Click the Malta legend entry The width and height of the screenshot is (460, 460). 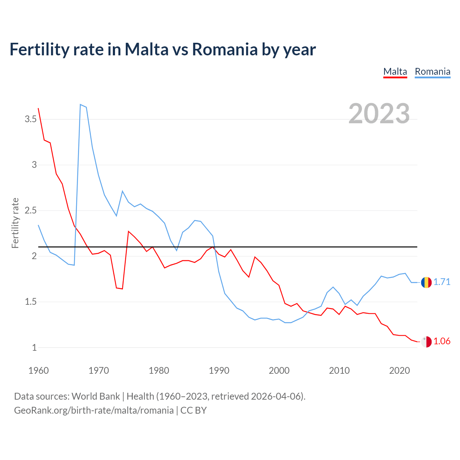point(395,72)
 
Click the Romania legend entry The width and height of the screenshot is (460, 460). point(432,72)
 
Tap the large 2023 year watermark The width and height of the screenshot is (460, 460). point(379,114)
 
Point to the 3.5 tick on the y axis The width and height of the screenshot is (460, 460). point(31,119)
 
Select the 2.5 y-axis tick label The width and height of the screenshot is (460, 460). point(31,211)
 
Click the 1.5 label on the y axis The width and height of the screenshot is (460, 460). point(31,302)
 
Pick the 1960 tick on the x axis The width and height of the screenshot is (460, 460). point(38,371)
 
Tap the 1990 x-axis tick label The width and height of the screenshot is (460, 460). point(219,371)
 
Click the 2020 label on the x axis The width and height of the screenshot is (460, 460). point(399,371)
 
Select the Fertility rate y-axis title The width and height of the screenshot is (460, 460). point(15,223)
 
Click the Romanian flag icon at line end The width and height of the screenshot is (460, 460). point(426,282)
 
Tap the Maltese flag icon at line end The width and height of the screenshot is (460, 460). point(426,342)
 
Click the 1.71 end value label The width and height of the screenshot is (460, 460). point(442,282)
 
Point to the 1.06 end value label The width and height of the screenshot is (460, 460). point(442,341)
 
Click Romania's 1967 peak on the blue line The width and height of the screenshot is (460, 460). point(80,105)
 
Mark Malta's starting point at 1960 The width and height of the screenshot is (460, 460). point(38,109)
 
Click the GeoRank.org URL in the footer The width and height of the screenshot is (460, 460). point(93,410)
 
